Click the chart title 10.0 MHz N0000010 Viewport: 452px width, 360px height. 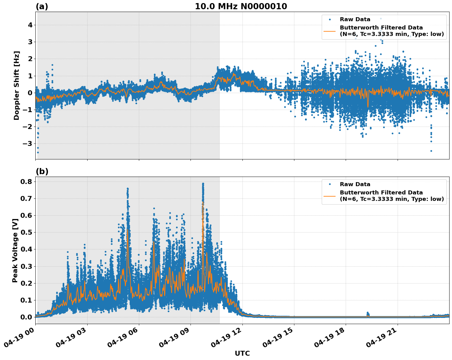tap(241, 6)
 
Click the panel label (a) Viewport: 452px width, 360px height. tap(42, 6)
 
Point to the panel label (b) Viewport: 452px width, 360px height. tap(42, 171)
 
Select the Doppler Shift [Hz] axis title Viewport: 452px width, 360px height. tap(17, 85)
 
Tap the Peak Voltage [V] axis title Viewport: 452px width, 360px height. tap(15, 250)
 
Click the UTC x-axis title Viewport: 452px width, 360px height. tap(242, 353)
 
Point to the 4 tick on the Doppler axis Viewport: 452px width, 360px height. tap(30, 25)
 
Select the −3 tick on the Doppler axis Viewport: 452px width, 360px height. tap(28, 143)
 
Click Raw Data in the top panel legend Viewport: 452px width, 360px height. tap(355, 19)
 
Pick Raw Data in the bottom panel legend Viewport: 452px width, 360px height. tap(355, 184)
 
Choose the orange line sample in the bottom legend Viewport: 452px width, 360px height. tap(329, 196)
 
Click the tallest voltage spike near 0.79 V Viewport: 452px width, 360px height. tap(203, 184)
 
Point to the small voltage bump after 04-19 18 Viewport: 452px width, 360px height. tap(368, 313)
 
